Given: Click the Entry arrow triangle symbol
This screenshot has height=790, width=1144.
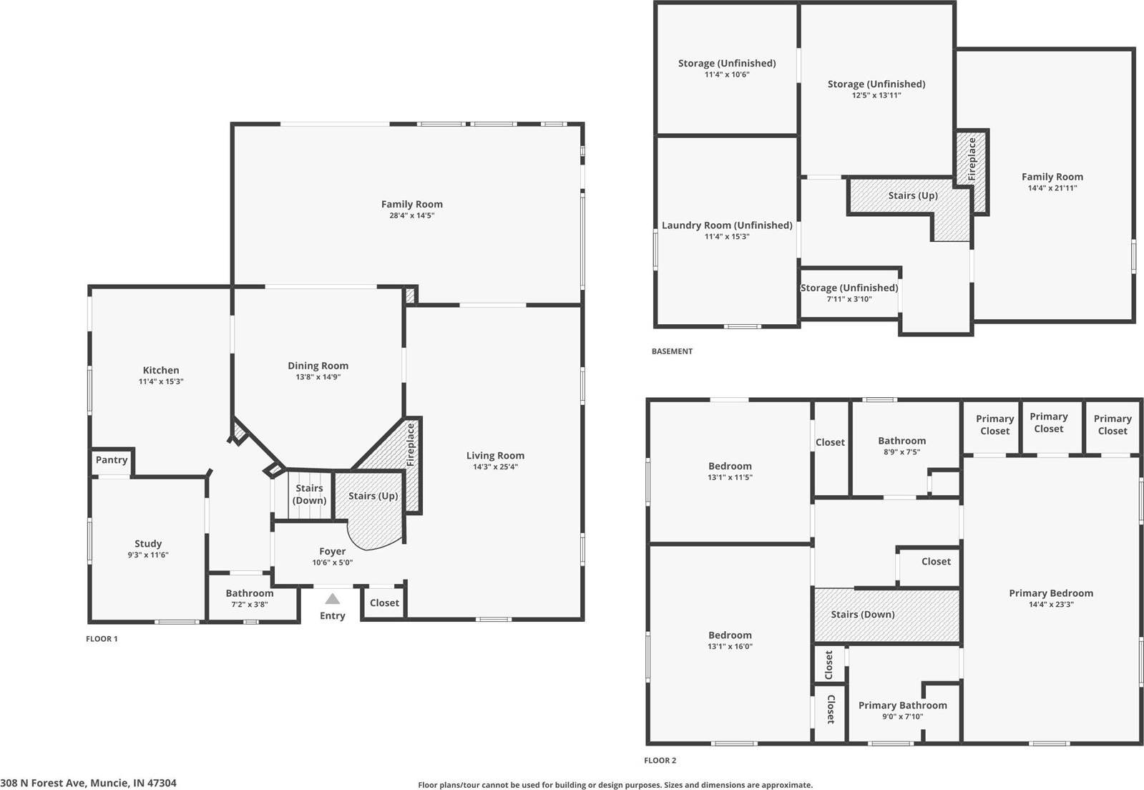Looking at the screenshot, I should point(332,599).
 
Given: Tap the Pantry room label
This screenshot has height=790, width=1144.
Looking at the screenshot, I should point(112,460).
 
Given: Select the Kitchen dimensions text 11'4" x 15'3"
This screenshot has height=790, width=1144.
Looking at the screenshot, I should point(161,382).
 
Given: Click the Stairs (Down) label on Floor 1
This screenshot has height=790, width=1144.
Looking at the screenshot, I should point(310,494).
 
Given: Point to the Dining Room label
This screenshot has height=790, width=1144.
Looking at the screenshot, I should point(318,366).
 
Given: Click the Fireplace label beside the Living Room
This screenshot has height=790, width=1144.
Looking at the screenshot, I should point(411,445).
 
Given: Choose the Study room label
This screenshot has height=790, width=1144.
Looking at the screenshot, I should point(148,544).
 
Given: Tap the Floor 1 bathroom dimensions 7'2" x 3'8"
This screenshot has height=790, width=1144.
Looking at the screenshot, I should point(249,605).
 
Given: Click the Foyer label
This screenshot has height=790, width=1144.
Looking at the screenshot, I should point(332,552).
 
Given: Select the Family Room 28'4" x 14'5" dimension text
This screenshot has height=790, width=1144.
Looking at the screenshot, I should point(411,215).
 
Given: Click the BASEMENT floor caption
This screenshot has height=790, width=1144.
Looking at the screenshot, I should point(672,351).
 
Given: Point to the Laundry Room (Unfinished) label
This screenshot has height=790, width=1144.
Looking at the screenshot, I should point(727,225).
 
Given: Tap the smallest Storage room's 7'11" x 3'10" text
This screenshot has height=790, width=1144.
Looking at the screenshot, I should point(849,299).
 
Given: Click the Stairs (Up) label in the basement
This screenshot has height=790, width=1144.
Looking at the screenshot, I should point(913,195).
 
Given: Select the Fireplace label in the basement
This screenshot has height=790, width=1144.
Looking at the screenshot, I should point(972,159).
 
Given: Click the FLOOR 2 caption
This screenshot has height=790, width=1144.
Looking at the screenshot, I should point(660,761).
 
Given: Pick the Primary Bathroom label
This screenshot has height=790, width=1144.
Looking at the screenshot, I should point(902,706).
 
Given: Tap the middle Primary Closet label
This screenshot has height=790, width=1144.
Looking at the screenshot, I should point(1048,422).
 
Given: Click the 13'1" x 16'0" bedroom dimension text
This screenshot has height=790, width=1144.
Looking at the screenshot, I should point(730,646).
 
